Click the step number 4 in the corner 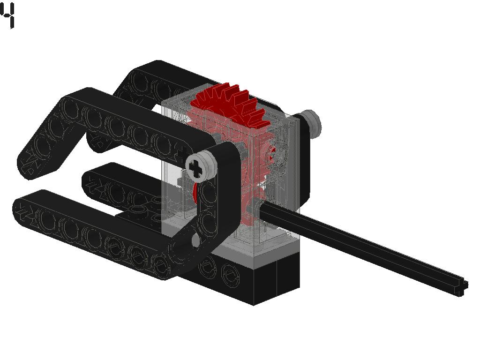(x=8, y=15)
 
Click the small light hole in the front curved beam (x=195, y=240)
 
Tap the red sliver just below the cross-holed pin (x=194, y=192)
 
